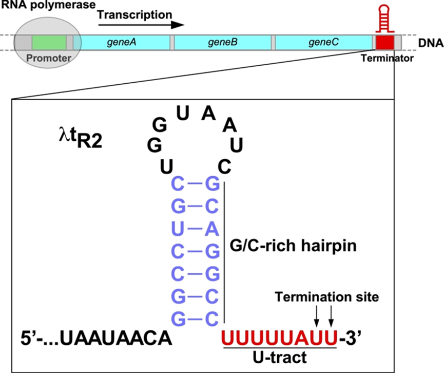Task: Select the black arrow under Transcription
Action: (140, 25)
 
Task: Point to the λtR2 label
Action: (83, 138)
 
